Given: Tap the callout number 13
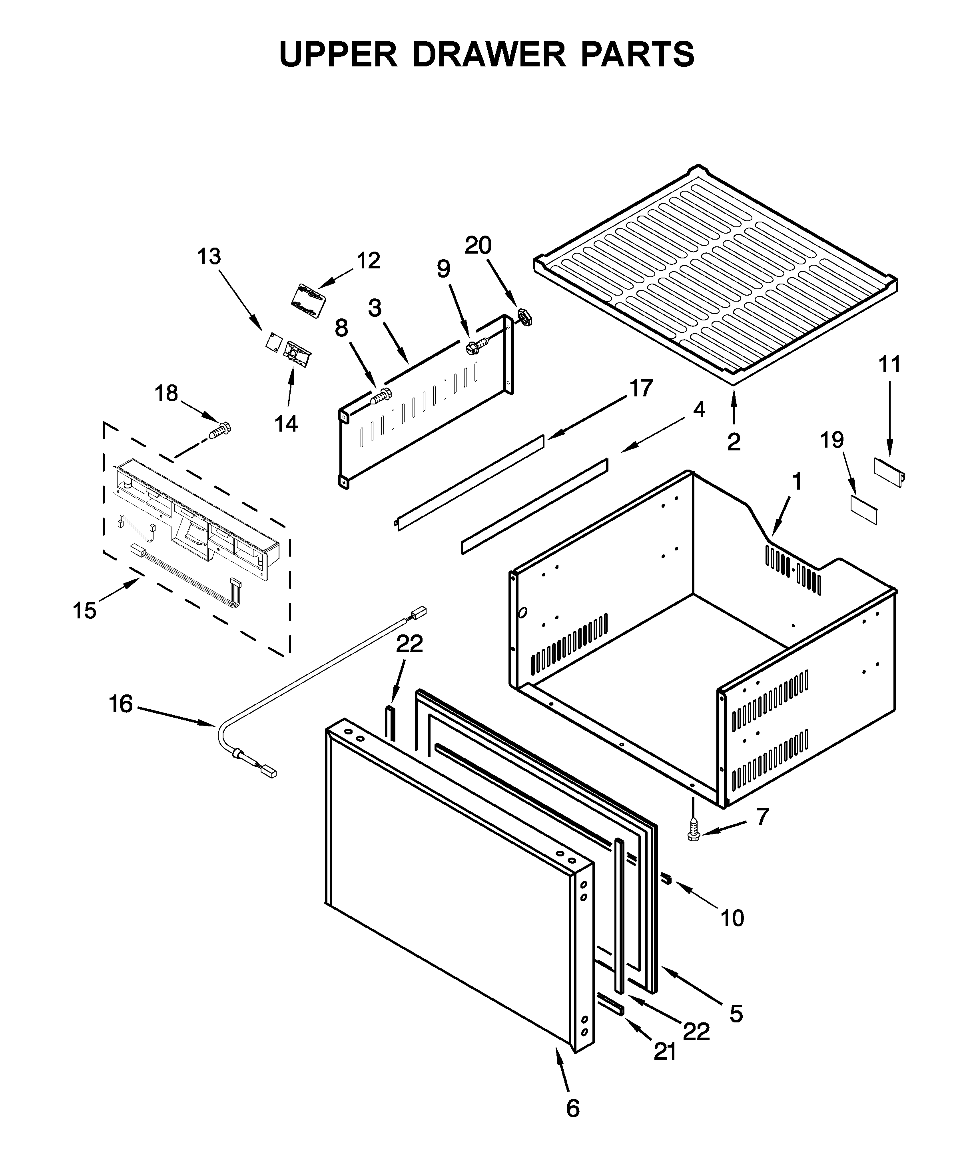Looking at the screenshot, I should pos(209,257).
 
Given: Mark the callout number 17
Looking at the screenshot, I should pos(640,388).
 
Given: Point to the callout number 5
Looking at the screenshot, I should pos(736,1013).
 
